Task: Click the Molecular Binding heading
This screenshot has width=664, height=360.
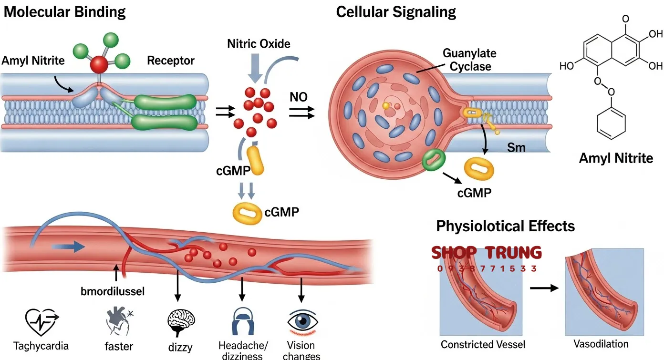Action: click(64, 12)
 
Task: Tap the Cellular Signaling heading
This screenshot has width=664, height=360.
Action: click(396, 12)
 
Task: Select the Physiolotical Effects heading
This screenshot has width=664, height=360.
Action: click(505, 226)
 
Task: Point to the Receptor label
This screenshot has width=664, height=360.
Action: click(171, 61)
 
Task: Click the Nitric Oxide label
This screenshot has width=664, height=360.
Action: click(259, 44)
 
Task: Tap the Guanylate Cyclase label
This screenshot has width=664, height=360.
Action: click(469, 60)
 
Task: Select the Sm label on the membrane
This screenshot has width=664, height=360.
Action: click(516, 147)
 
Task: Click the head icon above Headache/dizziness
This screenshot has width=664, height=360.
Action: click(242, 321)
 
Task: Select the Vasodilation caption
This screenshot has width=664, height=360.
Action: click(601, 343)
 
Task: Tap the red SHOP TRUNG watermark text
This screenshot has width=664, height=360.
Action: click(487, 253)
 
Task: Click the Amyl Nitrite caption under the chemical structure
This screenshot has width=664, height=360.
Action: click(616, 158)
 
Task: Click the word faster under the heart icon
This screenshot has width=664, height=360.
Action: click(119, 346)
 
